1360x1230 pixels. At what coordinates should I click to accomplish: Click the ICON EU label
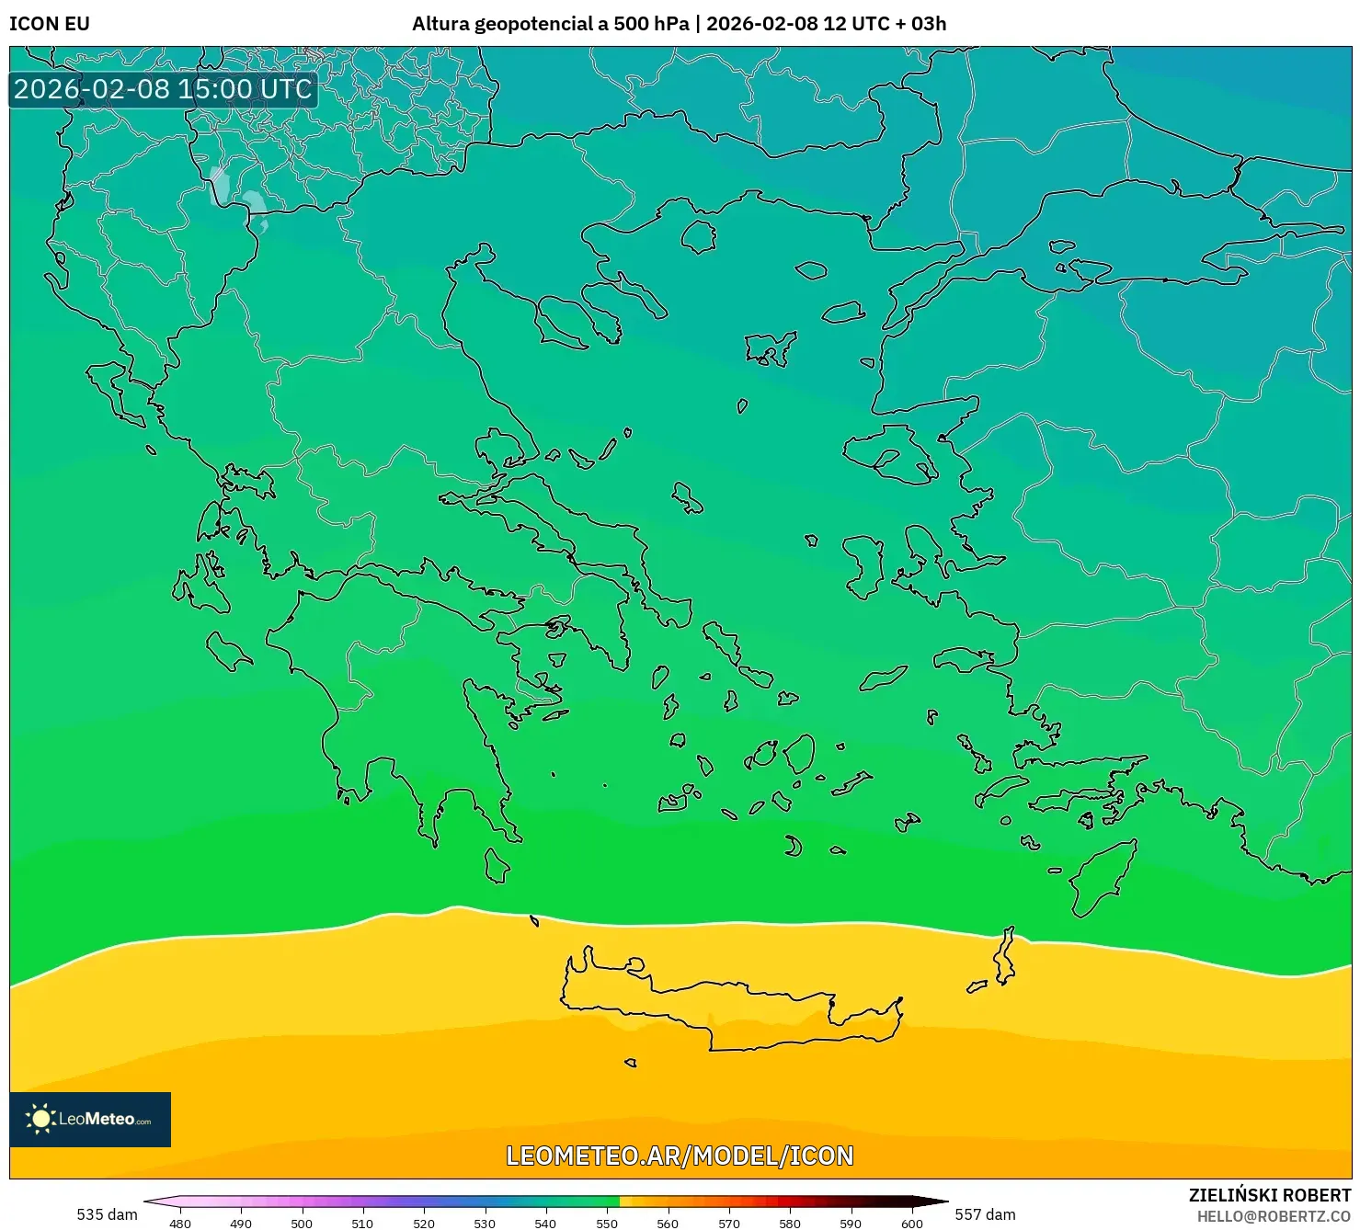(50, 24)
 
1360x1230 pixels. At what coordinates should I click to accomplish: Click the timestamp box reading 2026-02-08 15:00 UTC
(164, 89)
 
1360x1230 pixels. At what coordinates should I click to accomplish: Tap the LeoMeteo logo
(90, 1119)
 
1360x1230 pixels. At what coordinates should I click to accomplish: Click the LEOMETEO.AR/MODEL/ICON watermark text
(680, 1156)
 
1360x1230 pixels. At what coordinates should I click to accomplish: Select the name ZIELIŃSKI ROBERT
(1270, 1196)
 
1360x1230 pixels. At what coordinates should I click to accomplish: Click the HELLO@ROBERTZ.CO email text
(1274, 1216)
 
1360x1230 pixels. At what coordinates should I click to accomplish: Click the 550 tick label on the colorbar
(607, 1223)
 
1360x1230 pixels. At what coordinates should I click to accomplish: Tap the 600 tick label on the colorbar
(911, 1223)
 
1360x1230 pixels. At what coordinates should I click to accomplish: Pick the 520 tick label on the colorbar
(424, 1223)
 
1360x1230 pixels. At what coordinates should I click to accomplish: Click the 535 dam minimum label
(107, 1214)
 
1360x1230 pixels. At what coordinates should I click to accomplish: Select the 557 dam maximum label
(985, 1214)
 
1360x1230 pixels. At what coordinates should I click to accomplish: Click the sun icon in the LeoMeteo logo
(40, 1119)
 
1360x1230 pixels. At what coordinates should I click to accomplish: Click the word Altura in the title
(440, 24)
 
